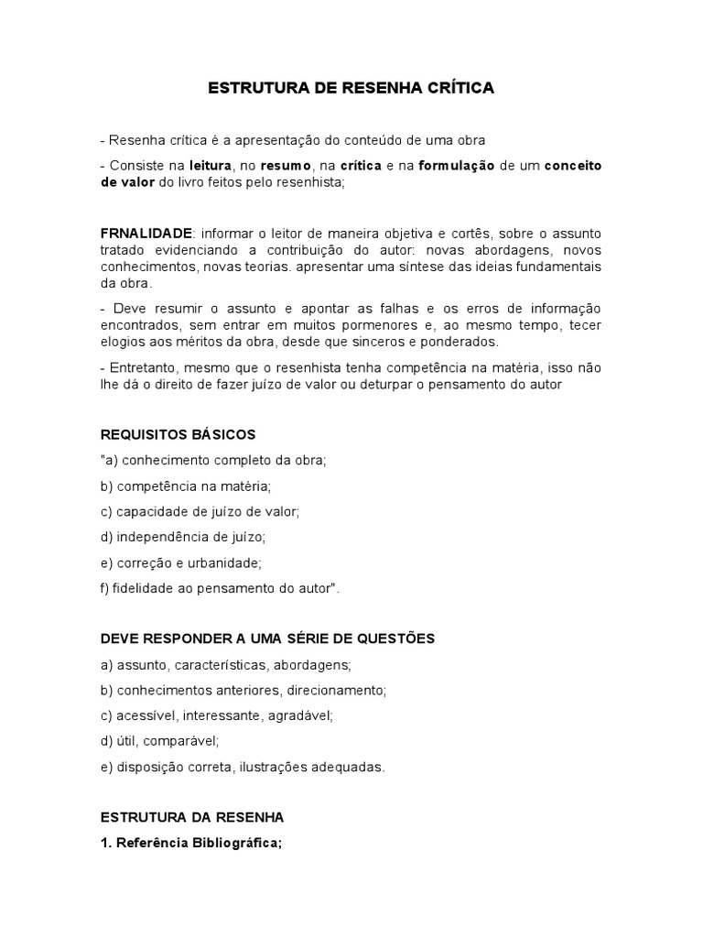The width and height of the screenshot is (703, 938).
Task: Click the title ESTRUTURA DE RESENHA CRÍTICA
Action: point(351,89)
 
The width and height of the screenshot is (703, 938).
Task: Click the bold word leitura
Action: point(211,166)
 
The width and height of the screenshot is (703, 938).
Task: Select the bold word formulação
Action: point(458,166)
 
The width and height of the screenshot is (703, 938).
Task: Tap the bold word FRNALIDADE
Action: point(146,234)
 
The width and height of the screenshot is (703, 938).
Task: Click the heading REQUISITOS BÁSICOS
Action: point(178,434)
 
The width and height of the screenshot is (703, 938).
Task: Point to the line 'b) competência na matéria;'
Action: point(186,485)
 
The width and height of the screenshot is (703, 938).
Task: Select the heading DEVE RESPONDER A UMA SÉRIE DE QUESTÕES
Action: point(267,638)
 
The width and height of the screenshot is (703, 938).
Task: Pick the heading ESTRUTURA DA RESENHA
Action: point(192,817)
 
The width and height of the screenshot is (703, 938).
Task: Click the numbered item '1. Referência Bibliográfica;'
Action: point(192,843)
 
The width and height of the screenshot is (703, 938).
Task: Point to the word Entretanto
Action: point(138,368)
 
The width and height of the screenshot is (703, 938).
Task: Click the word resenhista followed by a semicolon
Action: point(313,182)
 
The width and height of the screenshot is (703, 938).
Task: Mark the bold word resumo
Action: point(287,166)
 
